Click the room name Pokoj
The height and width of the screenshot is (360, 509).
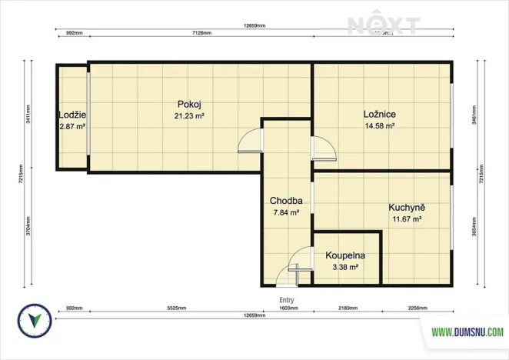(x=189, y=104)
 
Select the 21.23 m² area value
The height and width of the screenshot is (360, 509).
(x=189, y=116)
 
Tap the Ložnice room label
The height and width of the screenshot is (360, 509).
(x=379, y=115)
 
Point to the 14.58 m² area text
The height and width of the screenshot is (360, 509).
(x=379, y=126)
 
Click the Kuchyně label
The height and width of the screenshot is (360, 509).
(x=408, y=208)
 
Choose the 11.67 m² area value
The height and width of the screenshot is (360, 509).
(x=408, y=219)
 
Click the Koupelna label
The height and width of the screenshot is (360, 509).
(x=345, y=255)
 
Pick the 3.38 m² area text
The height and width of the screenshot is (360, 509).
(x=345, y=267)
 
